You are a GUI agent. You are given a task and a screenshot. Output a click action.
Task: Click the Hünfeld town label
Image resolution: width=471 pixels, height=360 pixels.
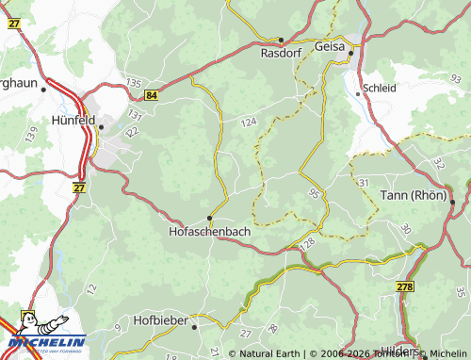pos(73,120)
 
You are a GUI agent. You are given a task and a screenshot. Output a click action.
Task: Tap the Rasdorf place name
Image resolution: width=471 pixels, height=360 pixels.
pos(282,54)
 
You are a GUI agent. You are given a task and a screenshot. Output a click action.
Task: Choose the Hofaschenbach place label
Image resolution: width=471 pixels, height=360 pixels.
pos(209,230)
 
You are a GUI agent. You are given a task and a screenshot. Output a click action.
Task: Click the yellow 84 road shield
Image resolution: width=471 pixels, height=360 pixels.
pos(153,95)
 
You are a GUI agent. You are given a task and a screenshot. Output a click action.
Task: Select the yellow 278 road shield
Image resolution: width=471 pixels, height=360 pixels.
pos(405,286)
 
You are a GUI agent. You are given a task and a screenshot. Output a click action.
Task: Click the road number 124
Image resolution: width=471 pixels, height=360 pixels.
pos(248,123)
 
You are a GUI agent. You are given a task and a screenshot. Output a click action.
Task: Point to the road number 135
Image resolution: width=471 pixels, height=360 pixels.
pos(132,84)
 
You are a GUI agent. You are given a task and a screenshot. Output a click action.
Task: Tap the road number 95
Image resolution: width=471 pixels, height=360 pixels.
pos(313,194)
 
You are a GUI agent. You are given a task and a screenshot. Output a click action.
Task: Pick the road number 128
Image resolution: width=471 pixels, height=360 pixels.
pos(307,244)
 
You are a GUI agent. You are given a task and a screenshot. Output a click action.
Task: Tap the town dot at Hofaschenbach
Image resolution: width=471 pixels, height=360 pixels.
pos(209,217)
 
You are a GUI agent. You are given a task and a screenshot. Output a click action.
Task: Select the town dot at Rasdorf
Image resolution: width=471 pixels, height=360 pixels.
pos(281,40)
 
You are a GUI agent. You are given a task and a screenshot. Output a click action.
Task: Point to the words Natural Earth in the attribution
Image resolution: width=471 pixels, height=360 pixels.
pos(270,353)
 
